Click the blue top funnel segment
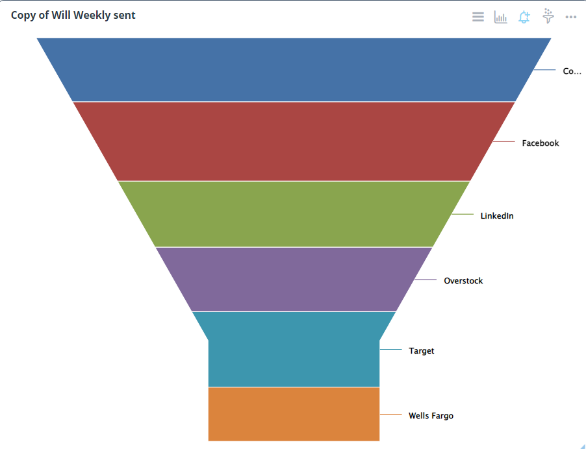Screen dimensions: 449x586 click(x=294, y=69)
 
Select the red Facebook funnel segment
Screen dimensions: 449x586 click(x=294, y=141)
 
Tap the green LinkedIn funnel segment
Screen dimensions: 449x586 click(x=294, y=214)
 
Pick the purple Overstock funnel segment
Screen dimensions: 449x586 click(x=294, y=279)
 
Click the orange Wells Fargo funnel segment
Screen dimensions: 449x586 click(x=294, y=414)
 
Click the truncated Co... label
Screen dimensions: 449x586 click(x=572, y=71)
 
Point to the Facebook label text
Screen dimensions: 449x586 click(x=540, y=143)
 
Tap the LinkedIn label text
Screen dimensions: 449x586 click(x=497, y=215)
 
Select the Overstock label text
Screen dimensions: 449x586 click(x=463, y=281)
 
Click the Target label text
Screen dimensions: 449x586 click(x=421, y=350)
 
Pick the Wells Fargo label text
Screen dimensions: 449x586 click(x=431, y=415)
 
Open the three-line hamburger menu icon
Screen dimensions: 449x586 click(x=478, y=17)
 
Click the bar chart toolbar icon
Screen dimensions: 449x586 click(x=500, y=17)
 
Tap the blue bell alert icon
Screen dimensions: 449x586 click(x=524, y=17)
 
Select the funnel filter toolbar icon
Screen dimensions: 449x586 click(x=548, y=16)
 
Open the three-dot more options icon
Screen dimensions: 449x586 click(x=571, y=17)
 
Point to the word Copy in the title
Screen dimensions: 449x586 click(x=23, y=15)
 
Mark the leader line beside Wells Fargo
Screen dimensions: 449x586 click(x=391, y=414)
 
